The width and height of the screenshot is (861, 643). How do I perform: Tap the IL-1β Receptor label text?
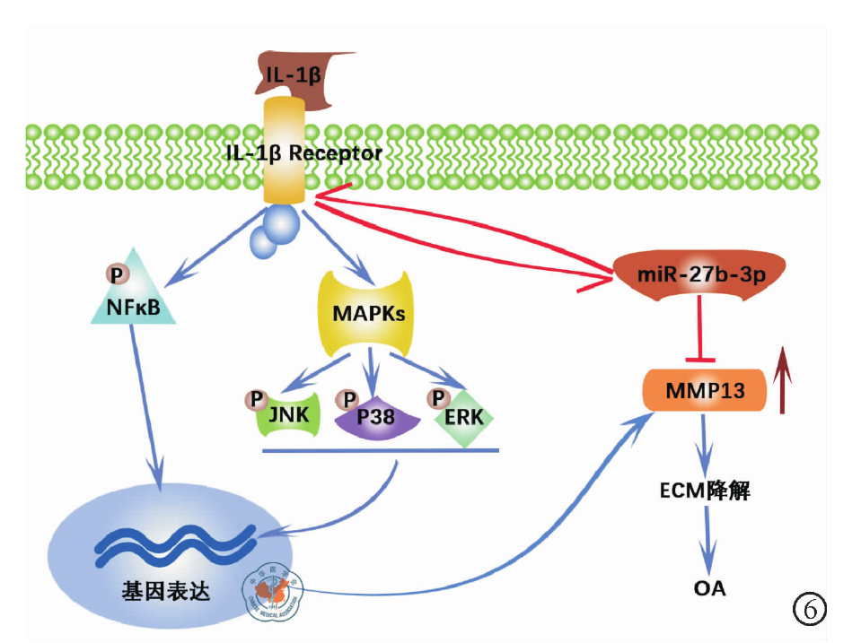304,153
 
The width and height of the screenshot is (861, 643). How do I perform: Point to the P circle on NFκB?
115,273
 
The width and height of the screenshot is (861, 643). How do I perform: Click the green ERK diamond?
464,418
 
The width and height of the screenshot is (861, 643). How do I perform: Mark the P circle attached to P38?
346,397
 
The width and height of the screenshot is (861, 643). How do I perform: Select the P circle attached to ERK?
439,397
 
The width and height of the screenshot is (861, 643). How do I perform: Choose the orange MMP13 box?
705,391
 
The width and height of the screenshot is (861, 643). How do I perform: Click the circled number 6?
808,609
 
